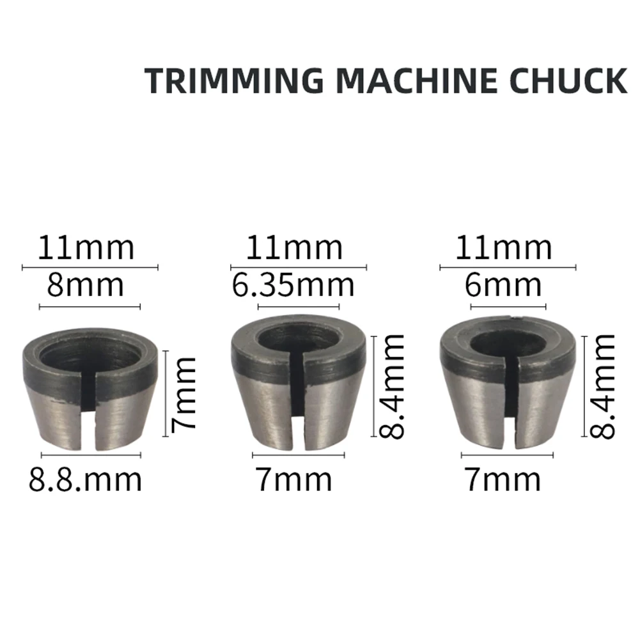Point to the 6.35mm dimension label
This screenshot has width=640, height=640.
tap(293, 285)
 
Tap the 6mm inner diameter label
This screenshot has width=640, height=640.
tap(503, 285)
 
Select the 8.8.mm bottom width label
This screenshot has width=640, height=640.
tap(85, 479)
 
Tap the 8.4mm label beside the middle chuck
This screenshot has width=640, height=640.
tap(391, 386)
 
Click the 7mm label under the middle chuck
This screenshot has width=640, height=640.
tap(294, 479)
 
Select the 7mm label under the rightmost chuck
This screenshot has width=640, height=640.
tap(503, 479)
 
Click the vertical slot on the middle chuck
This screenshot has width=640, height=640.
tap(298, 409)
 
